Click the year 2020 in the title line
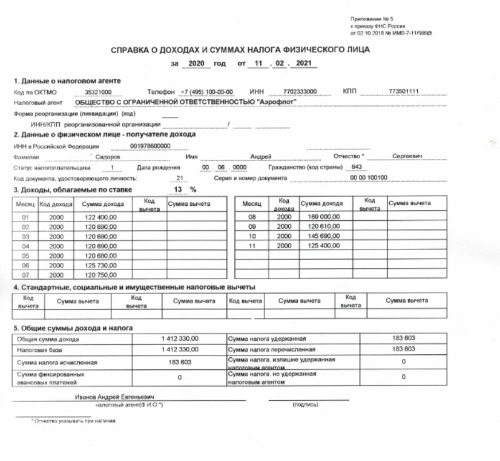(x=196, y=64)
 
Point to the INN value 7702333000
(x=300, y=92)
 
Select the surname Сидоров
(x=107, y=157)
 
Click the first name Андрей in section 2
(x=261, y=157)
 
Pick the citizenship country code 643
(x=356, y=167)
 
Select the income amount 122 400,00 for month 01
(x=101, y=218)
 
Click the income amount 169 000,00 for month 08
(x=324, y=217)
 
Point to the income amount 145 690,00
(x=324, y=236)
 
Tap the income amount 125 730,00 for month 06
(x=101, y=265)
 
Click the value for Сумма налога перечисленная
(x=403, y=349)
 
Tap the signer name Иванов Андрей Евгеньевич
(x=115, y=397)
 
